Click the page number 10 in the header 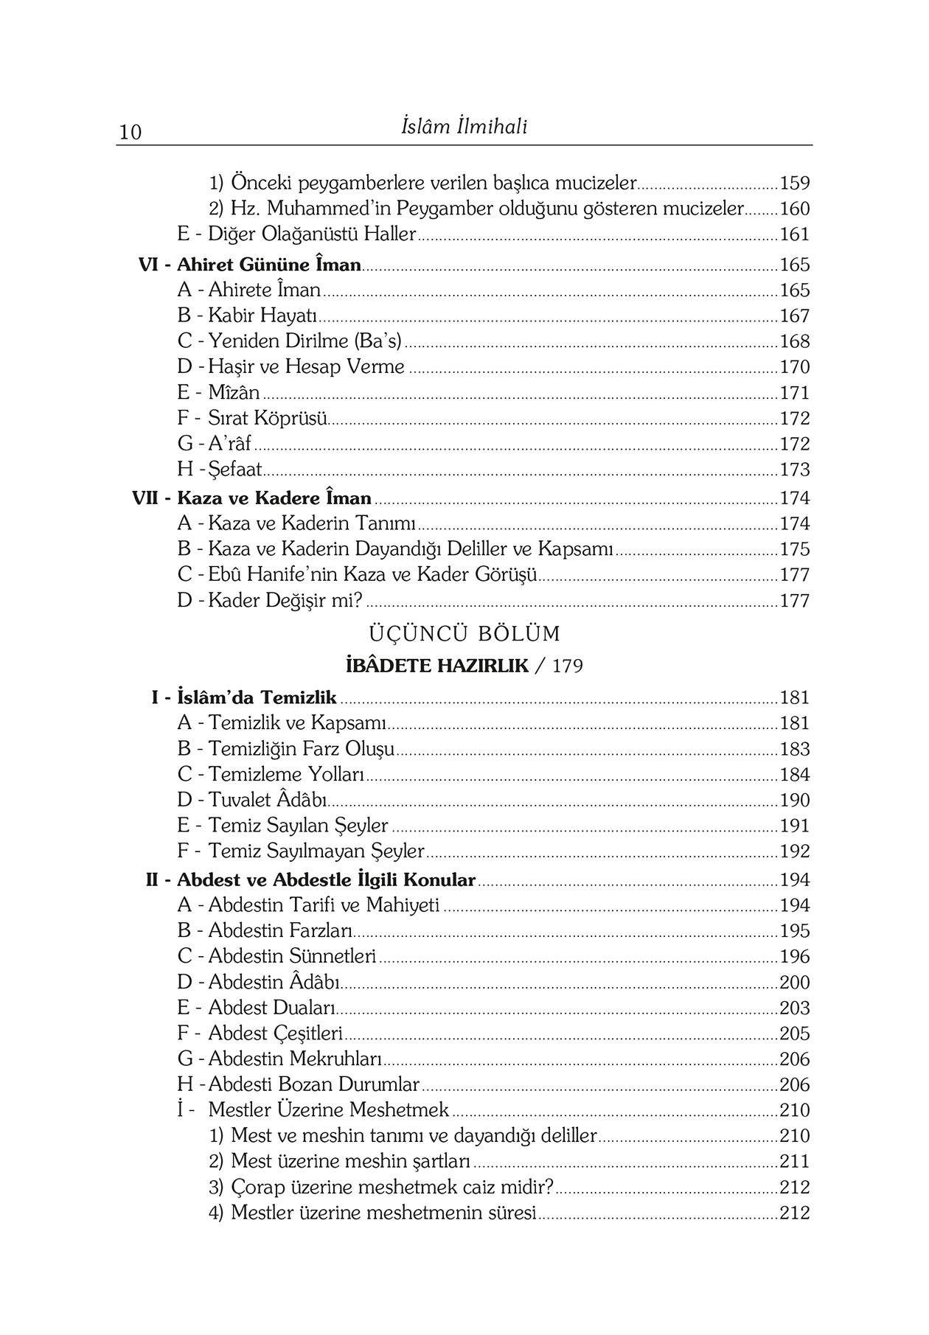(x=130, y=133)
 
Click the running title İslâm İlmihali (x=464, y=128)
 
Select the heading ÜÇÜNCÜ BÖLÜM (x=464, y=633)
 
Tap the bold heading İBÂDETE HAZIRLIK (x=437, y=666)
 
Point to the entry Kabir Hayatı (x=262, y=316)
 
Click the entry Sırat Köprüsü (x=267, y=419)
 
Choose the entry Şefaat (x=235, y=470)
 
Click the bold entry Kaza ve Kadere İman (x=274, y=498)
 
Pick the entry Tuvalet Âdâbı (x=268, y=800)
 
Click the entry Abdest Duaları (x=271, y=1008)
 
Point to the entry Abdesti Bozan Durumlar (x=313, y=1084)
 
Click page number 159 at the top (x=795, y=183)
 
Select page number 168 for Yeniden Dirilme (x=795, y=342)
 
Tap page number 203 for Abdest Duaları (x=795, y=1008)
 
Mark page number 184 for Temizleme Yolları (x=795, y=775)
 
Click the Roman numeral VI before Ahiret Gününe (x=150, y=265)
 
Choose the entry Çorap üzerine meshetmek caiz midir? (x=392, y=1187)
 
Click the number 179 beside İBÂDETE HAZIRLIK (x=567, y=666)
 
